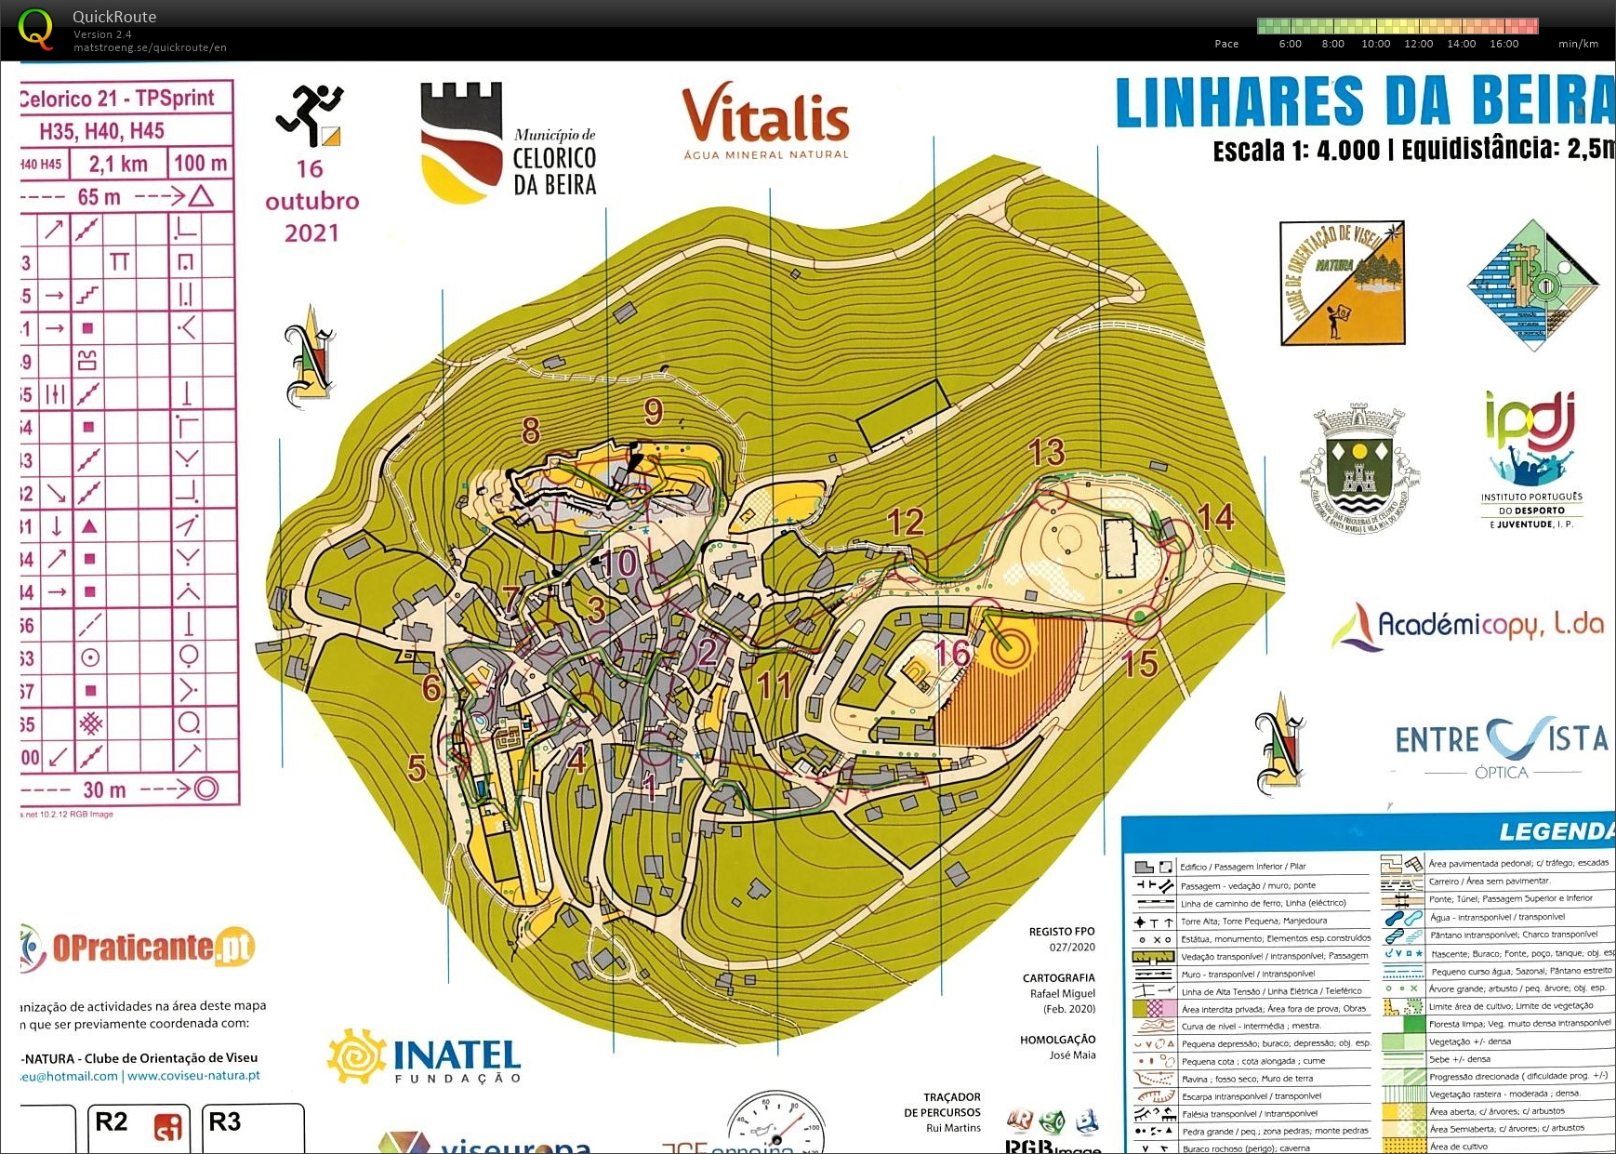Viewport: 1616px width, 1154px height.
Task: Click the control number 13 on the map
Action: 1046,453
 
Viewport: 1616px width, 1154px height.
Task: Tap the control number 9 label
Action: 654,411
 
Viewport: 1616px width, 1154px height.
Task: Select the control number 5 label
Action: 417,768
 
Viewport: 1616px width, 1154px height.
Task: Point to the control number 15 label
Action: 1139,664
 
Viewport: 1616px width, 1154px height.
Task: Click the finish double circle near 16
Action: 1010,646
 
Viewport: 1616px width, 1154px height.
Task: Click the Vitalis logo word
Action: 765,116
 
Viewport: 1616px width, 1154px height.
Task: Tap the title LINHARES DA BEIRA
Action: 1363,101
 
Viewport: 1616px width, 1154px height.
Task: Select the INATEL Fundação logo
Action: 425,1057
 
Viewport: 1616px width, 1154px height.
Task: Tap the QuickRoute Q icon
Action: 35,28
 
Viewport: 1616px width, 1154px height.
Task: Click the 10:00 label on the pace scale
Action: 1375,44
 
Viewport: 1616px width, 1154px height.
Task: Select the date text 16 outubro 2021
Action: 311,200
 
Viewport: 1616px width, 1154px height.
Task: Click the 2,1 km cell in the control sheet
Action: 118,165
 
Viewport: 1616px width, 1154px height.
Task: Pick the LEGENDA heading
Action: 1556,830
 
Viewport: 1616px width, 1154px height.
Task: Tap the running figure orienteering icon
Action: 310,114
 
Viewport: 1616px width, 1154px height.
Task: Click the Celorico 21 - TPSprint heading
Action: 117,98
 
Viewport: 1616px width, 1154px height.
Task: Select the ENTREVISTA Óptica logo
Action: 1501,745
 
